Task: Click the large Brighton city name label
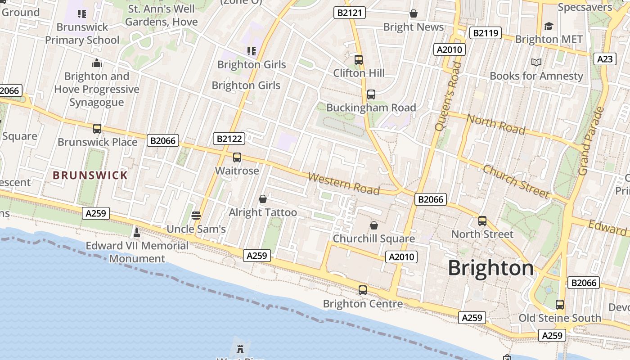pos(490,268)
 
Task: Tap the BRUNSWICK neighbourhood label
pos(90,175)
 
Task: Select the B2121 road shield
pos(350,13)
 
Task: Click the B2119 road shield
pos(485,33)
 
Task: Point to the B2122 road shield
pos(229,139)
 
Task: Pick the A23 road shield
pos(605,59)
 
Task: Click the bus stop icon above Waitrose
pos(237,157)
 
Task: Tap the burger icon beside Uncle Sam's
pos(196,216)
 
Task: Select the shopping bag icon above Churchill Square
pos(373,225)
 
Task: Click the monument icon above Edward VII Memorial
pos(137,232)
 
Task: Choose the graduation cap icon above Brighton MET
pos(549,26)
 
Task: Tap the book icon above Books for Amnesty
pos(536,62)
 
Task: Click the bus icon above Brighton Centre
pos(363,290)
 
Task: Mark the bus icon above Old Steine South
pos(559,305)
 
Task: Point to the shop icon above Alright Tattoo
pos(263,199)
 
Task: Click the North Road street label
pos(496,124)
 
